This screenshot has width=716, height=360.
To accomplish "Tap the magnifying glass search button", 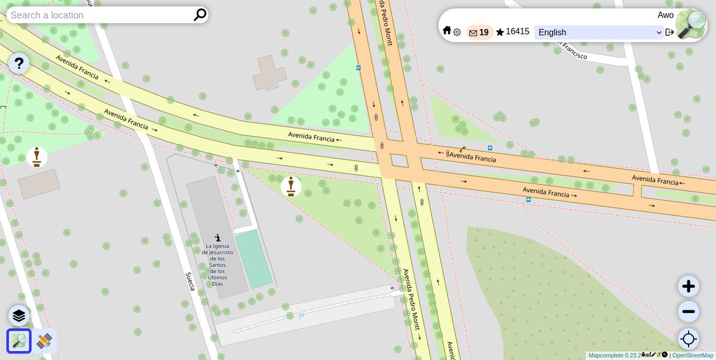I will click(200, 15).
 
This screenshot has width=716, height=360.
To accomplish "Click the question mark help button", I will click(18, 63).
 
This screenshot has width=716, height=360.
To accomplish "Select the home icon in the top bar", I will click(447, 30).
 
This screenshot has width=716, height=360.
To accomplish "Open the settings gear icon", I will click(457, 32).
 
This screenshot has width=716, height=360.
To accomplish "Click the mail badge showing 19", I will click(479, 32).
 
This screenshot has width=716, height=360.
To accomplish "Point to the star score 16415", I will click(513, 32).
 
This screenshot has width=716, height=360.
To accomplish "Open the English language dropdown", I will click(599, 32).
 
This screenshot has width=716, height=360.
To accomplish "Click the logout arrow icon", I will click(669, 32).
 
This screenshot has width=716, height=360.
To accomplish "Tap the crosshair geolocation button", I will click(689, 339).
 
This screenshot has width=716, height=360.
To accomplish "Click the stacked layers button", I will click(18, 316).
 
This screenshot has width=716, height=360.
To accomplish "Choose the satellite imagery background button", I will click(44, 341).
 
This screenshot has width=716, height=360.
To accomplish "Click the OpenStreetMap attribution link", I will click(693, 355).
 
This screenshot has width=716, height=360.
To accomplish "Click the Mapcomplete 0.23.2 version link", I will click(615, 355).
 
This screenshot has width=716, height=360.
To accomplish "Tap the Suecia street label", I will click(190, 281).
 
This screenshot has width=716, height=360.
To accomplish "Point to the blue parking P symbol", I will click(301, 316).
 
